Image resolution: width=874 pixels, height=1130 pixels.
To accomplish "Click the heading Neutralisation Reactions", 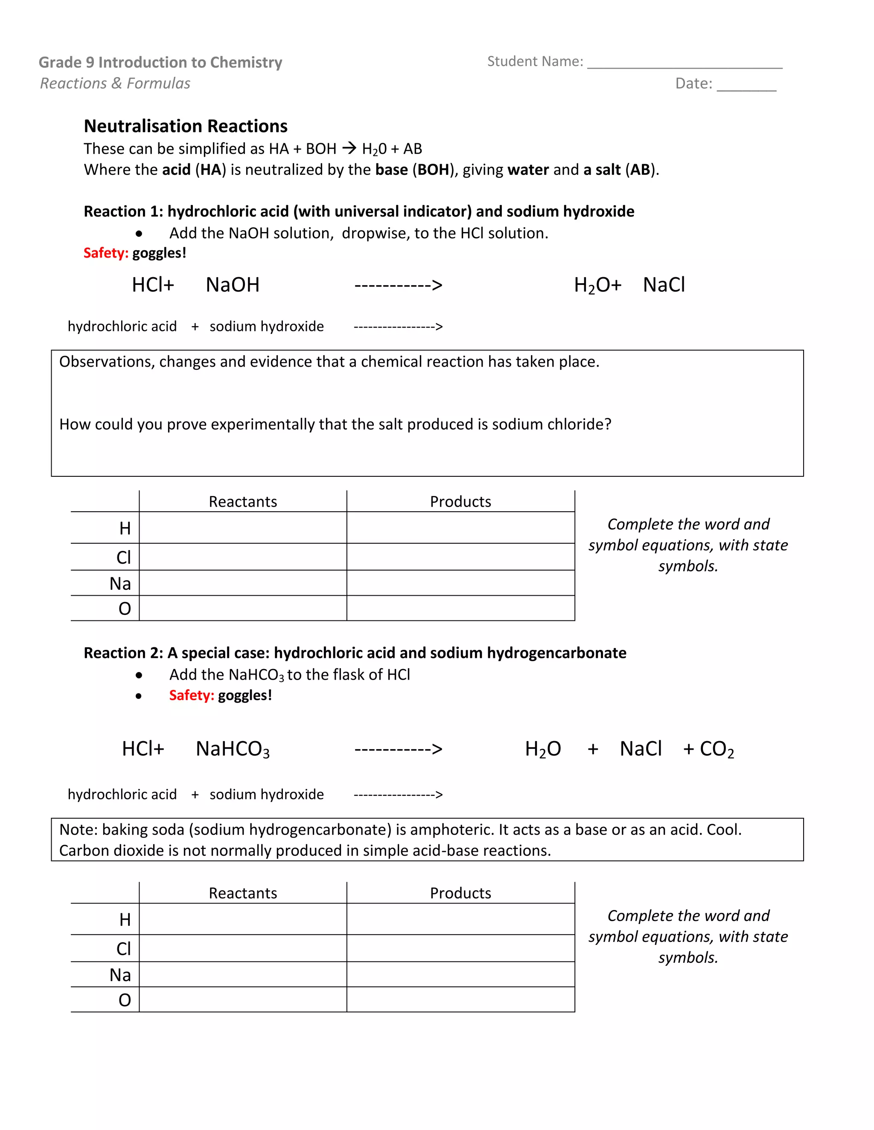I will point(185,126).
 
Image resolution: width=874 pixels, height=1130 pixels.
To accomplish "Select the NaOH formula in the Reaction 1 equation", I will point(233,285).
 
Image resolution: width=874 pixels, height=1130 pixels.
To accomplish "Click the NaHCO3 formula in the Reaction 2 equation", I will point(233,749).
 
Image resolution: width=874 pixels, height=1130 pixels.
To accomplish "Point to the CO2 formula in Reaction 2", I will point(717,749).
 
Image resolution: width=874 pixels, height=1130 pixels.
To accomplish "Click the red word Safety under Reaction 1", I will point(106,253).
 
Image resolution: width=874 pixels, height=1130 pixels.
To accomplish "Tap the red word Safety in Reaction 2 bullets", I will point(191,695).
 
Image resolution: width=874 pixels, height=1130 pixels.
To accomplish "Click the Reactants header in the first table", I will point(243,502).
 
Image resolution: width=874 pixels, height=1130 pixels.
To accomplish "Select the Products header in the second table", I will point(460,893).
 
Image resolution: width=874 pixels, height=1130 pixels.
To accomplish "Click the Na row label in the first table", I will point(120,584).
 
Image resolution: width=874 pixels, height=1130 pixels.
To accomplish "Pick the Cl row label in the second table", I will point(124,949).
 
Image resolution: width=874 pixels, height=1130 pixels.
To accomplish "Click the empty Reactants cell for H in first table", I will point(243,528).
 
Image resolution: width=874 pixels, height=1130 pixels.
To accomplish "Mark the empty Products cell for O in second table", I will point(460,1000).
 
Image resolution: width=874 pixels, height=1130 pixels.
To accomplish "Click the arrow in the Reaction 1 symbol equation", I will point(398,285).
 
